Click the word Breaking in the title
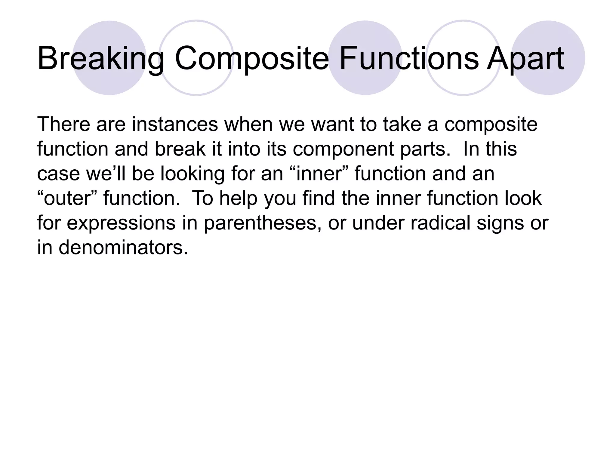(x=101, y=59)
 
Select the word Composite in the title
(x=252, y=59)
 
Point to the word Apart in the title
(x=525, y=59)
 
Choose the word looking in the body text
(x=192, y=174)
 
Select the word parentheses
(x=262, y=223)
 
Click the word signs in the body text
(x=500, y=224)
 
